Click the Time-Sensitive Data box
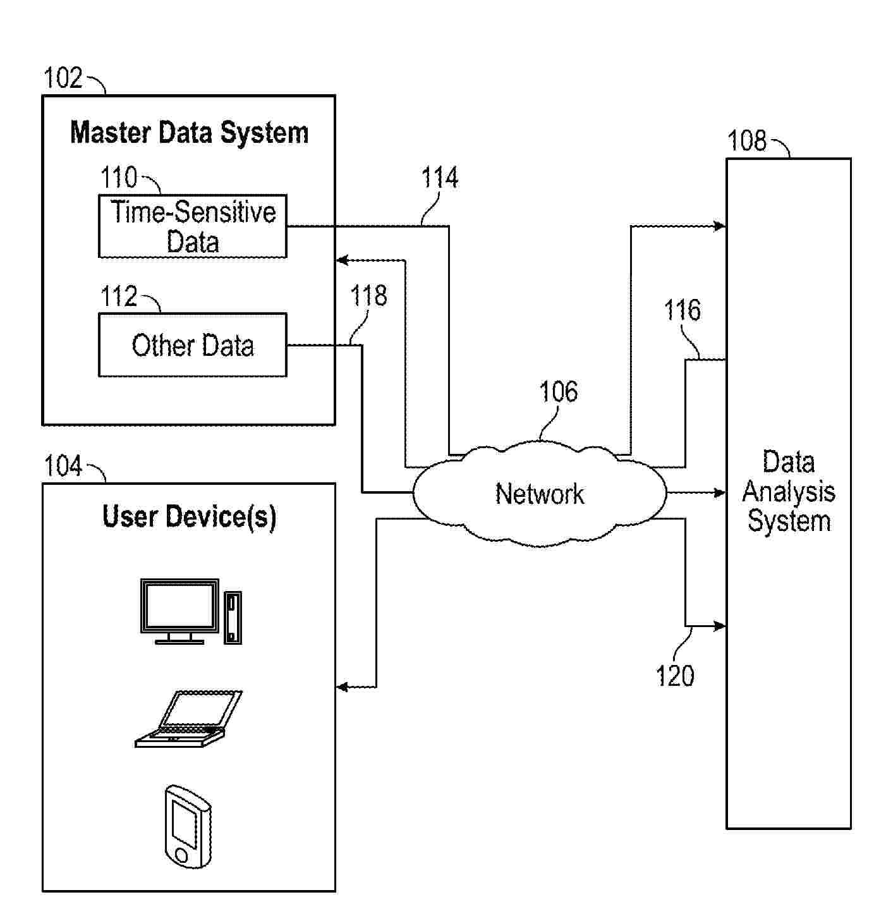(x=192, y=226)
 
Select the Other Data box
(x=192, y=345)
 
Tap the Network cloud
(x=539, y=494)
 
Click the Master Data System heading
(x=189, y=133)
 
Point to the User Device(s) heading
(x=189, y=516)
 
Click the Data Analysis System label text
(x=788, y=491)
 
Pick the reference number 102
(x=63, y=78)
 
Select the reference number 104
(x=63, y=467)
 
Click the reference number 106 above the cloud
(x=558, y=392)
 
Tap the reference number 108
(x=746, y=140)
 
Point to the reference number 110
(x=119, y=178)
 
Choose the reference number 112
(x=119, y=296)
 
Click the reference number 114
(x=439, y=178)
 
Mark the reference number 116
(x=682, y=310)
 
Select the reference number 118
(x=368, y=296)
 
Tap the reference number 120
(x=675, y=676)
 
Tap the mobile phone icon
(x=188, y=826)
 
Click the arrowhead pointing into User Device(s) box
(x=342, y=687)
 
